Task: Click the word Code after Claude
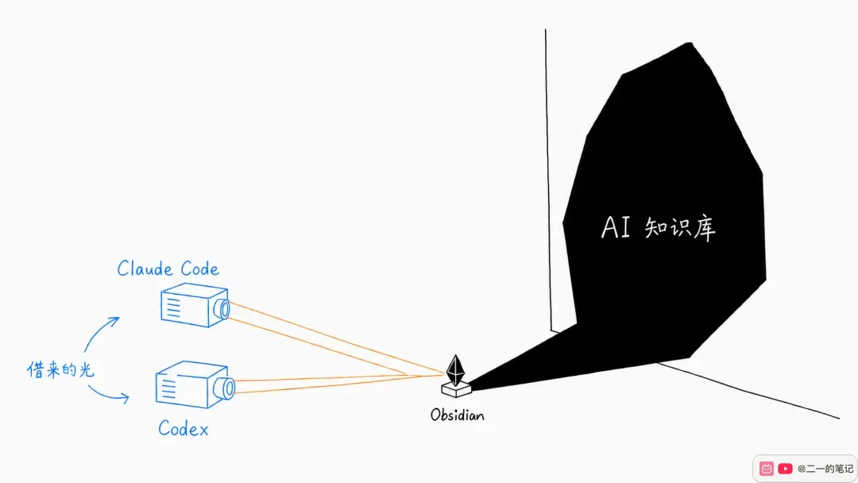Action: tap(199, 269)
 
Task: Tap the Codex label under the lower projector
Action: tap(184, 428)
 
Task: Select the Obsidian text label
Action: tap(458, 415)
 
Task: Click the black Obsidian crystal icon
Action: tap(455, 370)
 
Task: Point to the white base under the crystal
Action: tap(456, 390)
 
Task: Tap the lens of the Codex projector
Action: tap(226, 388)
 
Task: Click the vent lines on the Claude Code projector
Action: tap(173, 307)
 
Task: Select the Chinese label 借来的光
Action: tap(60, 369)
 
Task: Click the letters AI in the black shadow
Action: tap(616, 227)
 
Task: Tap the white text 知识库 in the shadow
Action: tap(680, 229)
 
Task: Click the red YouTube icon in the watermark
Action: tap(785, 469)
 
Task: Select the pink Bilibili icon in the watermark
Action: tap(767, 469)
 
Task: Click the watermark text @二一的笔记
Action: tap(825, 469)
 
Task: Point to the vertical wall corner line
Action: tap(548, 180)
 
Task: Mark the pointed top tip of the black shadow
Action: tap(690, 43)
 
